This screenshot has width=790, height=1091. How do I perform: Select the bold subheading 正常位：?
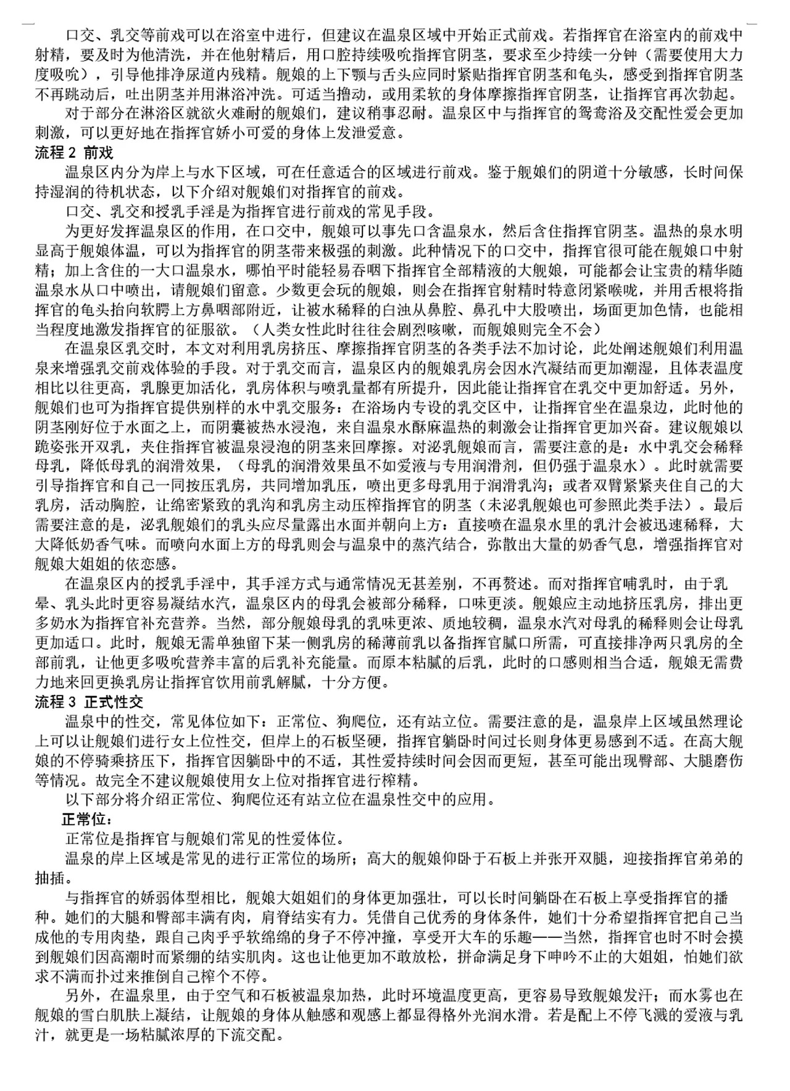pos(86,820)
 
